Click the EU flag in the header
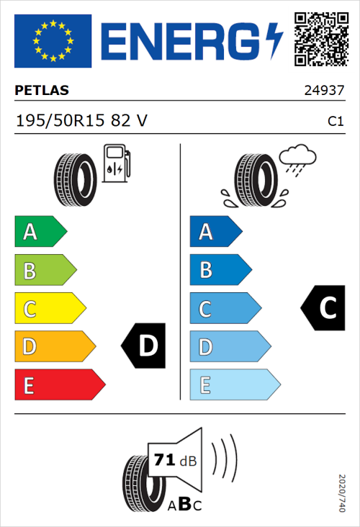[53, 41]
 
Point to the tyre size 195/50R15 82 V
[81, 121]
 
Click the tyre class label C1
[335, 122]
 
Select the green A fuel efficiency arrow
[40, 232]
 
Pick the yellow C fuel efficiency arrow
[49, 309]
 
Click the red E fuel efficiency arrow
[59, 385]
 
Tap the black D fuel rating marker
[145, 346]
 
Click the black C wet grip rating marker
[323, 308]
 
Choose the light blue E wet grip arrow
[234, 385]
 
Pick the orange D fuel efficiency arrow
[54, 347]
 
